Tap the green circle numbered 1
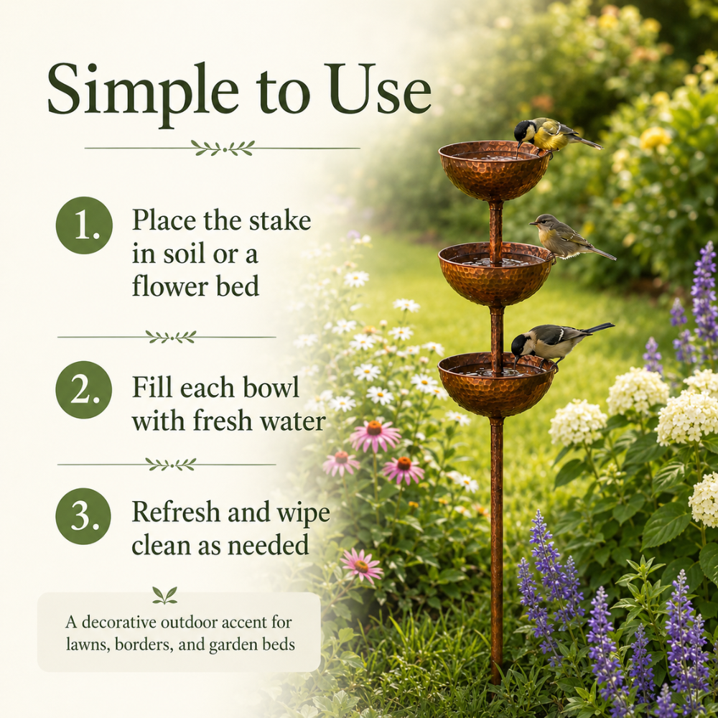(84, 225)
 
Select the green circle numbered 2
(84, 390)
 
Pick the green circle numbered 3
(83, 516)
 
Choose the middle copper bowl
(495, 274)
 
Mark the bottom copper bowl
(496, 385)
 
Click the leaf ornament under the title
(223, 148)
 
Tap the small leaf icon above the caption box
(165, 595)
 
